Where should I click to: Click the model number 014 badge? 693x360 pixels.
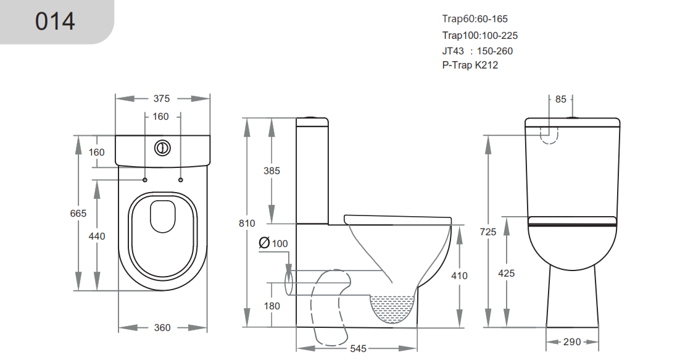coord(55,21)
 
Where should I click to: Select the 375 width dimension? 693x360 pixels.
coord(162,99)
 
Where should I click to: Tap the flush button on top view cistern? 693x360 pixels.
coord(162,148)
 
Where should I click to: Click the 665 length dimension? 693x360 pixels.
coord(78,213)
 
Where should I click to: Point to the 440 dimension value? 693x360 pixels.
coord(98,236)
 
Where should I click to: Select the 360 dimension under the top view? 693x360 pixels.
coord(162,328)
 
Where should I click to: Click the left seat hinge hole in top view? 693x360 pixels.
coord(145,180)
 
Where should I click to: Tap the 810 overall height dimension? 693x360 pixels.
coord(247,224)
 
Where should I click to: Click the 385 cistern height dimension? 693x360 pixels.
coord(272,171)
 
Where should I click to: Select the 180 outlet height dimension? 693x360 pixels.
coord(272,306)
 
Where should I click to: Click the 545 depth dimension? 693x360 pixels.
coord(358,349)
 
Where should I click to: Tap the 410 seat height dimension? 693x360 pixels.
coord(459,276)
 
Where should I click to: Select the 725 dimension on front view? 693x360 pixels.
coord(488,232)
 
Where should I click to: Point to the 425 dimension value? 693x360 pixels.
coord(506,273)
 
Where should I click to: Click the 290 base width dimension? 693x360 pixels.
coord(572,341)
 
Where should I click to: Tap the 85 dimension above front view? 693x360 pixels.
coord(560,99)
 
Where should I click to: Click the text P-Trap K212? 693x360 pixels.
coord(470,65)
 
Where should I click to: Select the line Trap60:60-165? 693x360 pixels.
coord(475,19)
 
